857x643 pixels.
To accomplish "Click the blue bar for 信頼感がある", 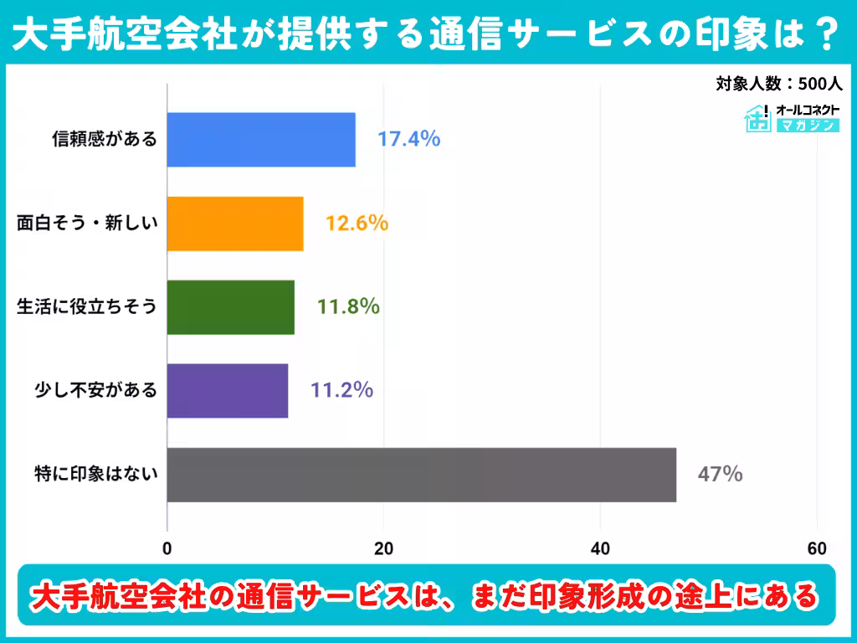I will click(261, 140).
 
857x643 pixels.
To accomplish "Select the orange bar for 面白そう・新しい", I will click(235, 224).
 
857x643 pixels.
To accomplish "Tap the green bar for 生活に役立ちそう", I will click(230, 307).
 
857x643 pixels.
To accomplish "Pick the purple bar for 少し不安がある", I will click(228, 390).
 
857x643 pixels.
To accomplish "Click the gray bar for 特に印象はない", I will click(421, 475).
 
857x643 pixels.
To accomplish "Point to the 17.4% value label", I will click(408, 139).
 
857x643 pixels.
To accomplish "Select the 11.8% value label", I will click(348, 307).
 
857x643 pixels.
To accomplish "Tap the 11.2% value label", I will click(341, 390).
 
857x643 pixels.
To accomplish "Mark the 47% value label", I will click(720, 475).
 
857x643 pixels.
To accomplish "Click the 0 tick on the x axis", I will click(167, 548).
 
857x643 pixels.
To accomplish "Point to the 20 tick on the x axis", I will click(383, 548).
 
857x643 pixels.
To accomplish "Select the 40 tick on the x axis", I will click(600, 548).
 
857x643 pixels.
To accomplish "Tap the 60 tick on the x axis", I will click(817, 548).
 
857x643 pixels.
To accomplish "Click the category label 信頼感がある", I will click(105, 140).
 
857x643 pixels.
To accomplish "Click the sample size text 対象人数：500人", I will click(777, 84).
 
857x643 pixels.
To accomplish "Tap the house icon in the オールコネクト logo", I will click(758, 118).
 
